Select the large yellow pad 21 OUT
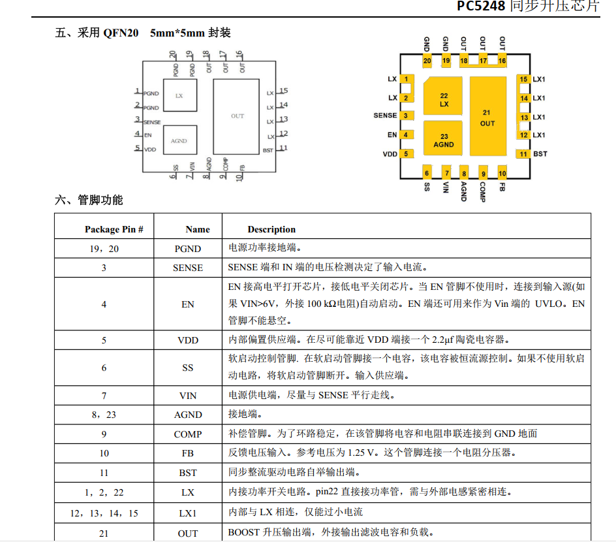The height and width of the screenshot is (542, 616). pos(487,116)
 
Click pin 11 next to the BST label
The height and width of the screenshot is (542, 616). pos(523,154)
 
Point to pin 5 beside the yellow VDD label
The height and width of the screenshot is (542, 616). pos(406,154)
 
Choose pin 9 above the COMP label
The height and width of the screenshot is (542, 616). pos(484,174)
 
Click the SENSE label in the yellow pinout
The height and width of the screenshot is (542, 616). pos(385,116)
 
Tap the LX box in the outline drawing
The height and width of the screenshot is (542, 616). pos(179,95)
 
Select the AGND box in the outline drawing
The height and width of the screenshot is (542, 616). pos(179,141)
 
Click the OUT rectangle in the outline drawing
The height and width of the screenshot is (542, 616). pos(238,116)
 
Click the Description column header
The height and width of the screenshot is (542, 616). pos(271,229)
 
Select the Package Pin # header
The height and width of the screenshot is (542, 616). pos(114,229)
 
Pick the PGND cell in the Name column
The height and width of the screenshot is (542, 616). pos(188,249)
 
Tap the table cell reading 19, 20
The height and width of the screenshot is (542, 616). pos(104,249)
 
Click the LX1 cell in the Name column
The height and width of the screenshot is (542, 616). pos(188,513)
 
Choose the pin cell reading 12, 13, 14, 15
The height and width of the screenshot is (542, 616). pos(104,513)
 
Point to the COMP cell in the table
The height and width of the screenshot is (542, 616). pos(188,434)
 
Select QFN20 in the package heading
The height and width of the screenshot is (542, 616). pos(121,33)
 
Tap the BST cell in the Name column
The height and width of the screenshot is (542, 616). pos(188,473)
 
